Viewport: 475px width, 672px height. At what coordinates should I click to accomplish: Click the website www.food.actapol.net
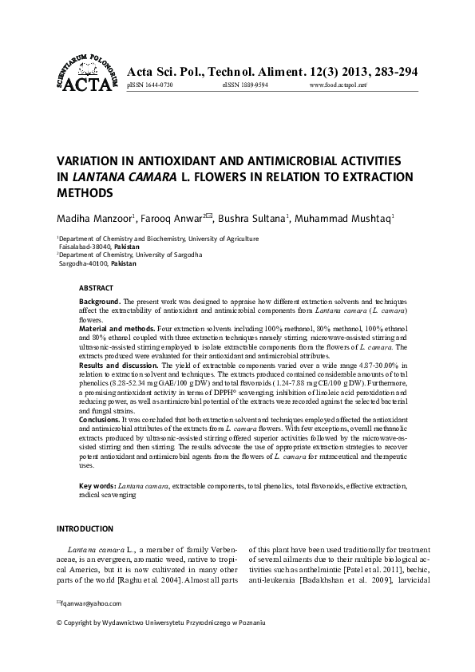(x=338, y=85)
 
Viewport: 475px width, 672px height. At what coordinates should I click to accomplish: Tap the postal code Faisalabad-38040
(x=85, y=247)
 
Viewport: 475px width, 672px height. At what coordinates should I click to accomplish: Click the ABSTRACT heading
(x=96, y=287)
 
